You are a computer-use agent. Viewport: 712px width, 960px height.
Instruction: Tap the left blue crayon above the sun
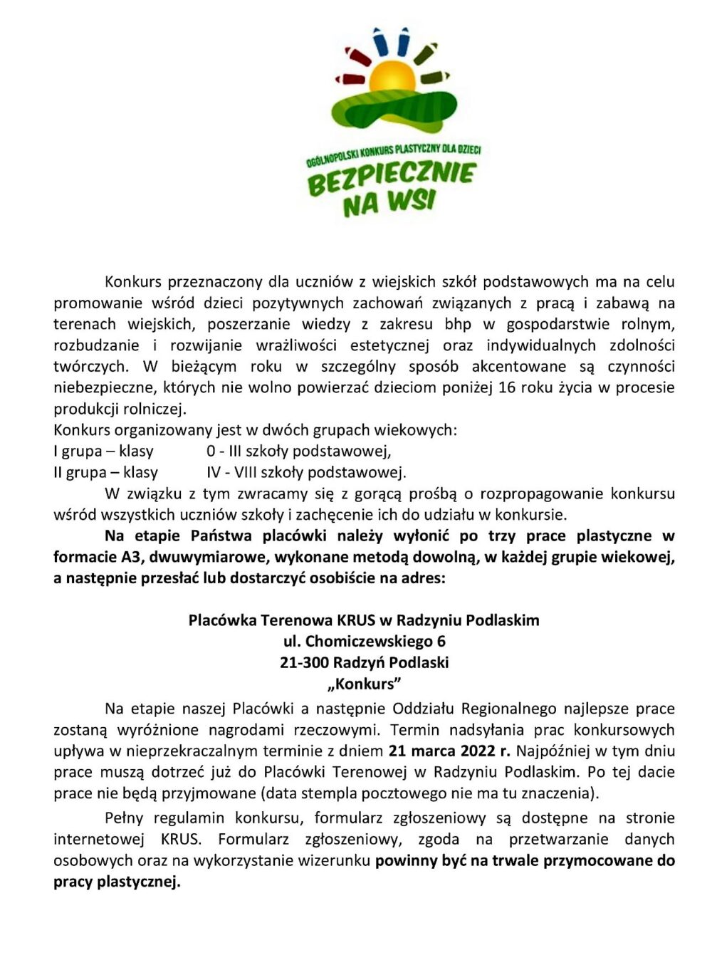point(380,43)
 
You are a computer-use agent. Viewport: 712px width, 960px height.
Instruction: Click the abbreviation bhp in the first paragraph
point(458,324)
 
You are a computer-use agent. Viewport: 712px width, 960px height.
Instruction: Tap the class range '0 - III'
point(225,451)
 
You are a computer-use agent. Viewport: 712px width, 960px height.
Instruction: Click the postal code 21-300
point(304,662)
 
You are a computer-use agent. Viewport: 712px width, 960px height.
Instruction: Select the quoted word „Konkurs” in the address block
point(364,684)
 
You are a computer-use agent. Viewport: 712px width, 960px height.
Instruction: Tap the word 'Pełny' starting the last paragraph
point(124,818)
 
